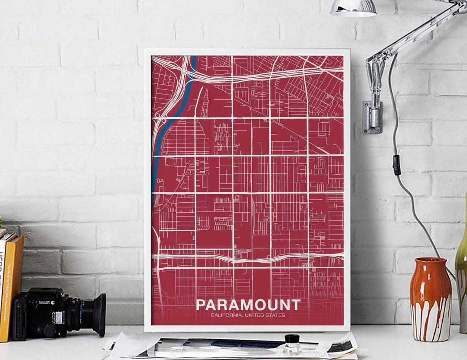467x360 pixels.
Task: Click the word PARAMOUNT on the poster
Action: click(248, 305)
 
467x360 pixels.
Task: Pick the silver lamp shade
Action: click(354, 8)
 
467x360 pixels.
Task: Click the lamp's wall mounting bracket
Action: click(372, 117)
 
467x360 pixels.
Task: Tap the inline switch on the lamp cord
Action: click(397, 165)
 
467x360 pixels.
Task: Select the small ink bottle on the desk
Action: click(292, 344)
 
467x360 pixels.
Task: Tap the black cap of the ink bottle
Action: click(292, 338)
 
